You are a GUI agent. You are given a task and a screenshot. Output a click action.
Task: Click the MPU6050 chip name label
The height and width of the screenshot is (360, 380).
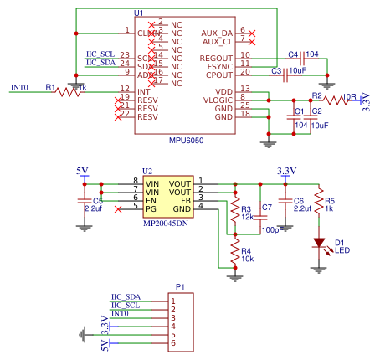pos(186,141)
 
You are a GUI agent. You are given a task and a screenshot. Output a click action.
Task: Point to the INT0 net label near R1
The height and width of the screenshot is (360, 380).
pos(19,87)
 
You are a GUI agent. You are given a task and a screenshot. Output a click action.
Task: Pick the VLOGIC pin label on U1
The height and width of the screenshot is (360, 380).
pos(218,100)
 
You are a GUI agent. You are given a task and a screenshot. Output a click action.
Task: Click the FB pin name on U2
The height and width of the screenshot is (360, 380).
pos(187,199)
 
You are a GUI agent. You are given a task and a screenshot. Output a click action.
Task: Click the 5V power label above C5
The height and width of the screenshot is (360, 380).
pos(82,171)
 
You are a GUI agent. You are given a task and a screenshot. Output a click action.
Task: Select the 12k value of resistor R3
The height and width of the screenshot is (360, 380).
pos(248,216)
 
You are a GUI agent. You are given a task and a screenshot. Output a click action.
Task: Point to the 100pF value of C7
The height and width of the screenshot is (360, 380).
pos(270,229)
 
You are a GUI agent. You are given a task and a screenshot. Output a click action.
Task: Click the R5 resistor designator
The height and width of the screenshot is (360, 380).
pos(330,201)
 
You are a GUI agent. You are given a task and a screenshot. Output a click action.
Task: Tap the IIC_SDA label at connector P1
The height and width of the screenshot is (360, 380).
pos(126,296)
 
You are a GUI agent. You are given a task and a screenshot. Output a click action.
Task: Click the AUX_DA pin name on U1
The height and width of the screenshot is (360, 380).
pos(218,33)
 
